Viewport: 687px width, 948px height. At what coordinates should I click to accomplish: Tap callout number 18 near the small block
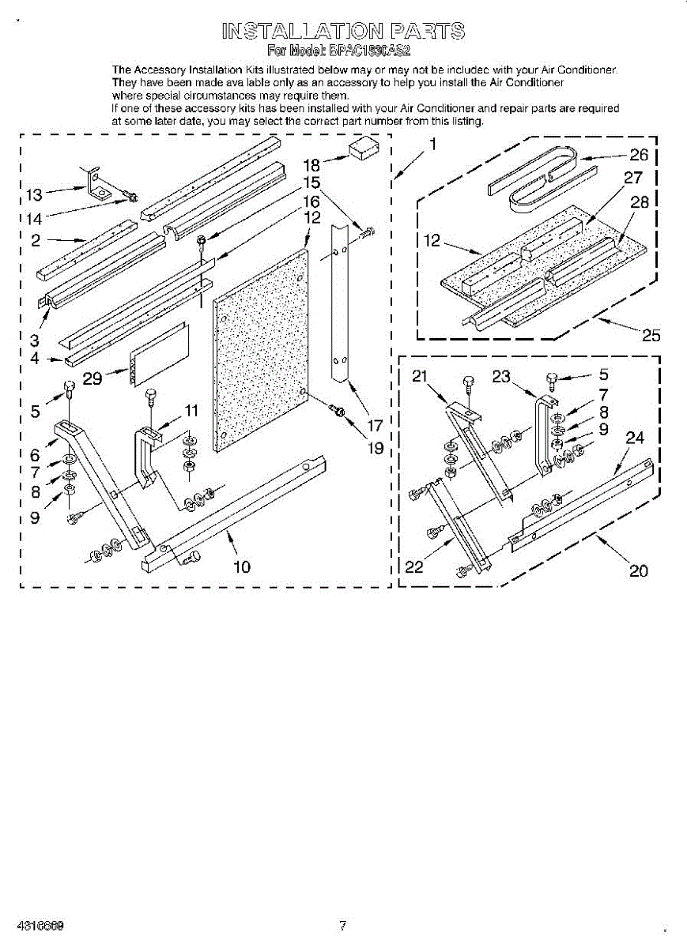(312, 165)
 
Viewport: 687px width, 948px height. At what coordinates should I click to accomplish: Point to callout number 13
(34, 194)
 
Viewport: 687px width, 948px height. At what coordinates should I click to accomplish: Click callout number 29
(92, 378)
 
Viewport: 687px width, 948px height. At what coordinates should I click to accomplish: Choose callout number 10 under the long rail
(242, 566)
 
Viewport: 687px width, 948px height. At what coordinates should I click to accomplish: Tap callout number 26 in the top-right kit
(638, 155)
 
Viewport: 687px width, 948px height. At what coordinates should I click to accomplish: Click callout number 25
(651, 335)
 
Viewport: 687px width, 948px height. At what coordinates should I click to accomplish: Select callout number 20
(638, 570)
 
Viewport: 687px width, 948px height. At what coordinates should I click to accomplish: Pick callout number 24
(635, 437)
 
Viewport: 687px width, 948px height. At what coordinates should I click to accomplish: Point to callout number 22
(413, 566)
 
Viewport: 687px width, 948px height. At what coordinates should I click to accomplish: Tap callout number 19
(376, 448)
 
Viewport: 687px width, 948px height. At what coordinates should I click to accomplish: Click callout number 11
(191, 410)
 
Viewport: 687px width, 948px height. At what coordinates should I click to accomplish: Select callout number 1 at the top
(432, 144)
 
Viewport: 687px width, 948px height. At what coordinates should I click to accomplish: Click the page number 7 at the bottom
(342, 925)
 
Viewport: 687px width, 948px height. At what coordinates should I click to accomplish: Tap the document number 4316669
(38, 925)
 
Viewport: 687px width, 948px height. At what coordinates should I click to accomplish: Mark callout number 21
(420, 377)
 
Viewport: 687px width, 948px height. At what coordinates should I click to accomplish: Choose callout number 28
(640, 201)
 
